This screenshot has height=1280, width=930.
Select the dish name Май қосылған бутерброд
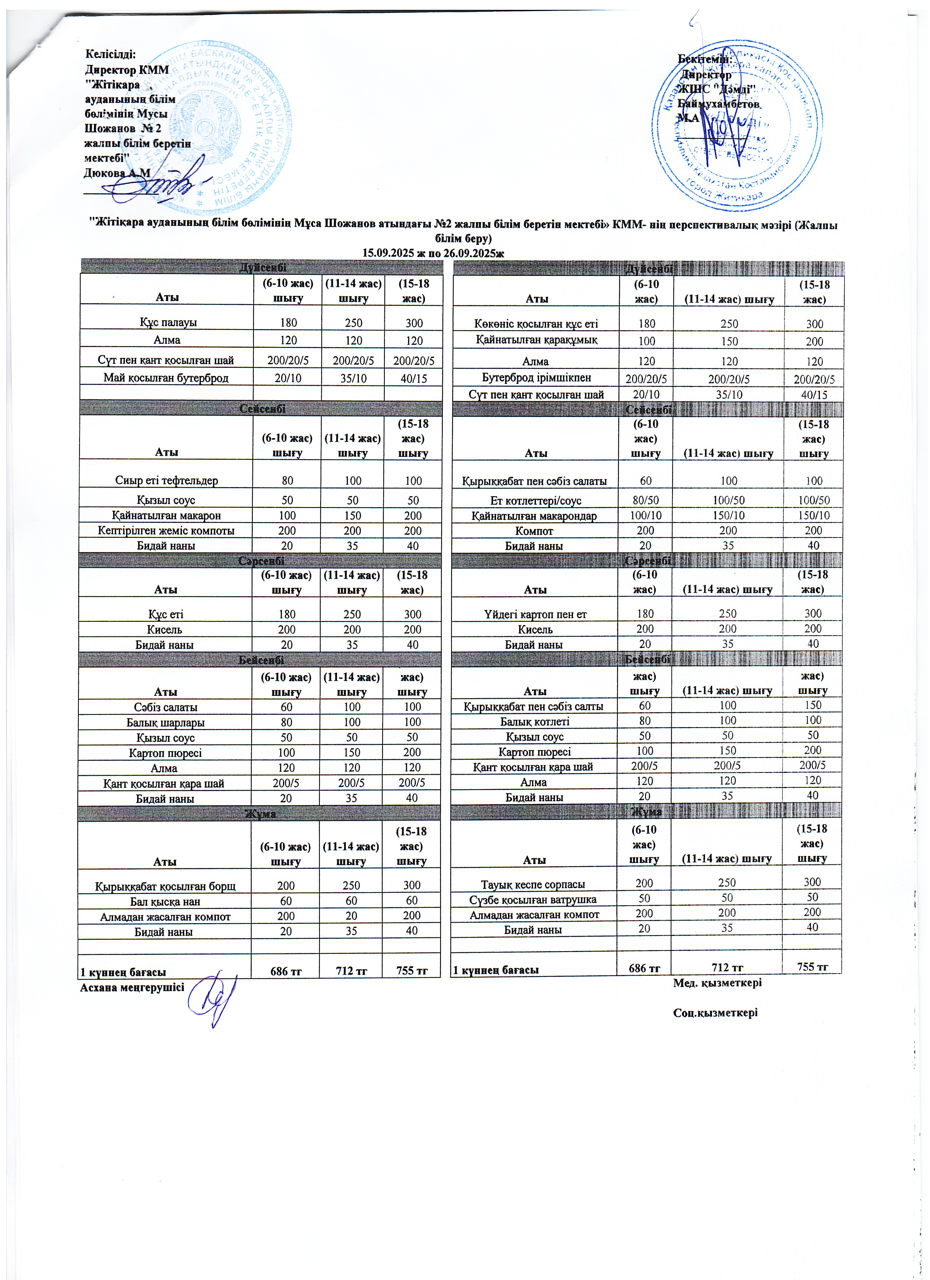166,378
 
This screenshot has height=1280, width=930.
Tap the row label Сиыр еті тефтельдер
166,481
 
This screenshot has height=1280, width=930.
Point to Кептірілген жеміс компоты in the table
166,531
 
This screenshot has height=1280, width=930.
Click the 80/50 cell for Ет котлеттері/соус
645,500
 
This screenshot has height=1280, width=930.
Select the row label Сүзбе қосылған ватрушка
533,899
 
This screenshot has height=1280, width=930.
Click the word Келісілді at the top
111,55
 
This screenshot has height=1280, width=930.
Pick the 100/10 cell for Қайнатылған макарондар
645,515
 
